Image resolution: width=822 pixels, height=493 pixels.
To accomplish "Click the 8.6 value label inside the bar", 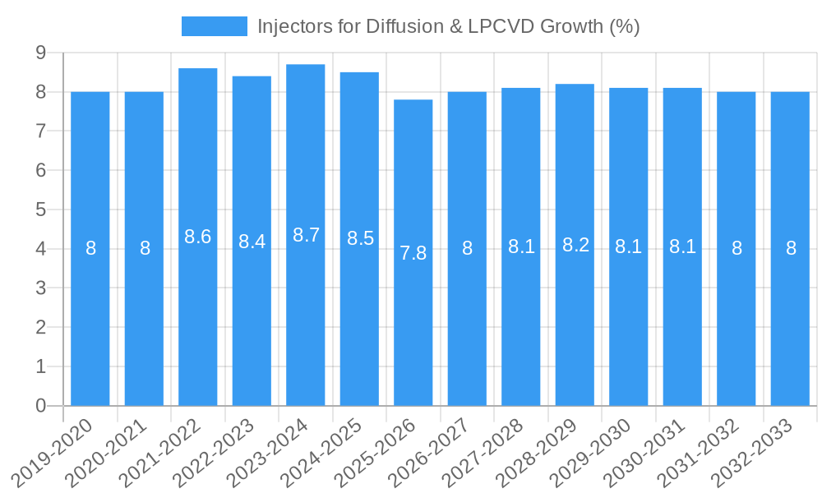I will (x=198, y=237).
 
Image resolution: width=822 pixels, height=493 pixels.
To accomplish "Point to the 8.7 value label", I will (x=306, y=235).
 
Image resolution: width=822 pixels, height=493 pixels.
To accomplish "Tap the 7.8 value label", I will (x=413, y=253).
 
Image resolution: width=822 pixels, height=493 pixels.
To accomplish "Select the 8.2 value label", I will (x=575, y=245).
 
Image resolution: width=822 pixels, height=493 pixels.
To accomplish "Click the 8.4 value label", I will (x=252, y=242).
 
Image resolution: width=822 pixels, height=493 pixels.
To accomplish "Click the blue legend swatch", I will (x=215, y=26).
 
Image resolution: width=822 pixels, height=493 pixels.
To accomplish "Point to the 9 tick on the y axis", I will (x=40, y=53).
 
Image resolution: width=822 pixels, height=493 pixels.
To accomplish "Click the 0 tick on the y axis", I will (x=40, y=406).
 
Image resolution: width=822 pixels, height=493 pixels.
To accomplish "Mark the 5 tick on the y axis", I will (x=40, y=210).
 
